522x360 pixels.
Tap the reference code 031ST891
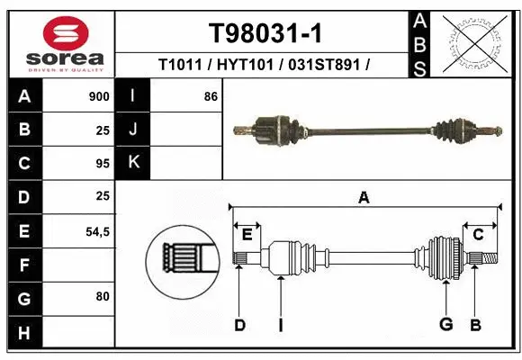click(x=325, y=65)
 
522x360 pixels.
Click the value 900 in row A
click(x=100, y=95)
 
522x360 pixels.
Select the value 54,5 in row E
click(x=97, y=231)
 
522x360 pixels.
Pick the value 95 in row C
click(x=103, y=163)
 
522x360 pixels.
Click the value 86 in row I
click(x=211, y=95)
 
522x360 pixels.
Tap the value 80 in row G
click(x=103, y=296)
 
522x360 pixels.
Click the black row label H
click(x=23, y=334)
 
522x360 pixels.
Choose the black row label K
click(x=132, y=163)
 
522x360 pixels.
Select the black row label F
click(x=23, y=265)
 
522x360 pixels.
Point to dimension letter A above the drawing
click(x=364, y=197)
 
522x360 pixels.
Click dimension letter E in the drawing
click(x=247, y=235)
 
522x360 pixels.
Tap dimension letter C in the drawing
click(x=479, y=235)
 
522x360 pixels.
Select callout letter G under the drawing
click(x=445, y=325)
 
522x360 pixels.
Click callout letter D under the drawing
click(x=239, y=325)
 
